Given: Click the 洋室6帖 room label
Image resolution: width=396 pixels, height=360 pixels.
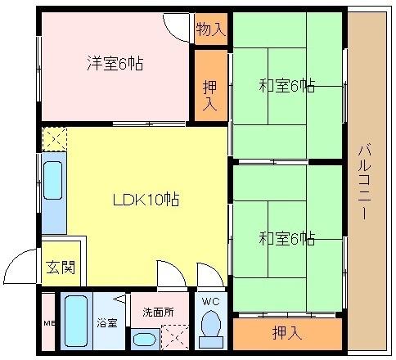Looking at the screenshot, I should (115, 63).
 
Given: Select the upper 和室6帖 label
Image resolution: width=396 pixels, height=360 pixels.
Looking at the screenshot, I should (287, 84).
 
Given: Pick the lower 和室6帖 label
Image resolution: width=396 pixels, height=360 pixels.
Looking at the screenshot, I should (287, 238).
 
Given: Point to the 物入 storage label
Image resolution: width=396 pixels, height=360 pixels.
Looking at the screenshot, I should (210, 30).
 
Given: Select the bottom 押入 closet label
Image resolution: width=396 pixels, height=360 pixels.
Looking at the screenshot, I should (286, 333).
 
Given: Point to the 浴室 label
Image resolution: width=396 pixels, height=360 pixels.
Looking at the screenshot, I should (107, 322).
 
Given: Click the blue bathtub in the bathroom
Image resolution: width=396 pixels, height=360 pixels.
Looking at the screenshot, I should (75, 322).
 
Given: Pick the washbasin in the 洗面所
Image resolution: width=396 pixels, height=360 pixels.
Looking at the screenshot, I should (146, 339).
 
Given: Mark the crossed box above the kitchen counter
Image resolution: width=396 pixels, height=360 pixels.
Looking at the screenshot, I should (53, 139).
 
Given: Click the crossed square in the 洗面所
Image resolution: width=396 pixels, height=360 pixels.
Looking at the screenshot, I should (175, 337).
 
